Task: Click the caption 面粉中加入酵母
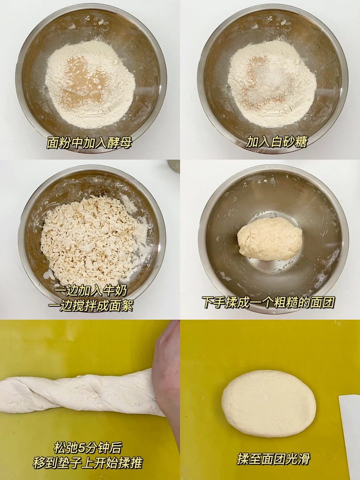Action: click(89, 143)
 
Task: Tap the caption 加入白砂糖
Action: click(276, 142)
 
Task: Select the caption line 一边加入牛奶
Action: click(90, 291)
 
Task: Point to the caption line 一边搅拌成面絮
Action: click(90, 306)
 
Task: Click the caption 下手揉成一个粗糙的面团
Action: click(269, 302)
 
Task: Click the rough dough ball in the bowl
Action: click(270, 239)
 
